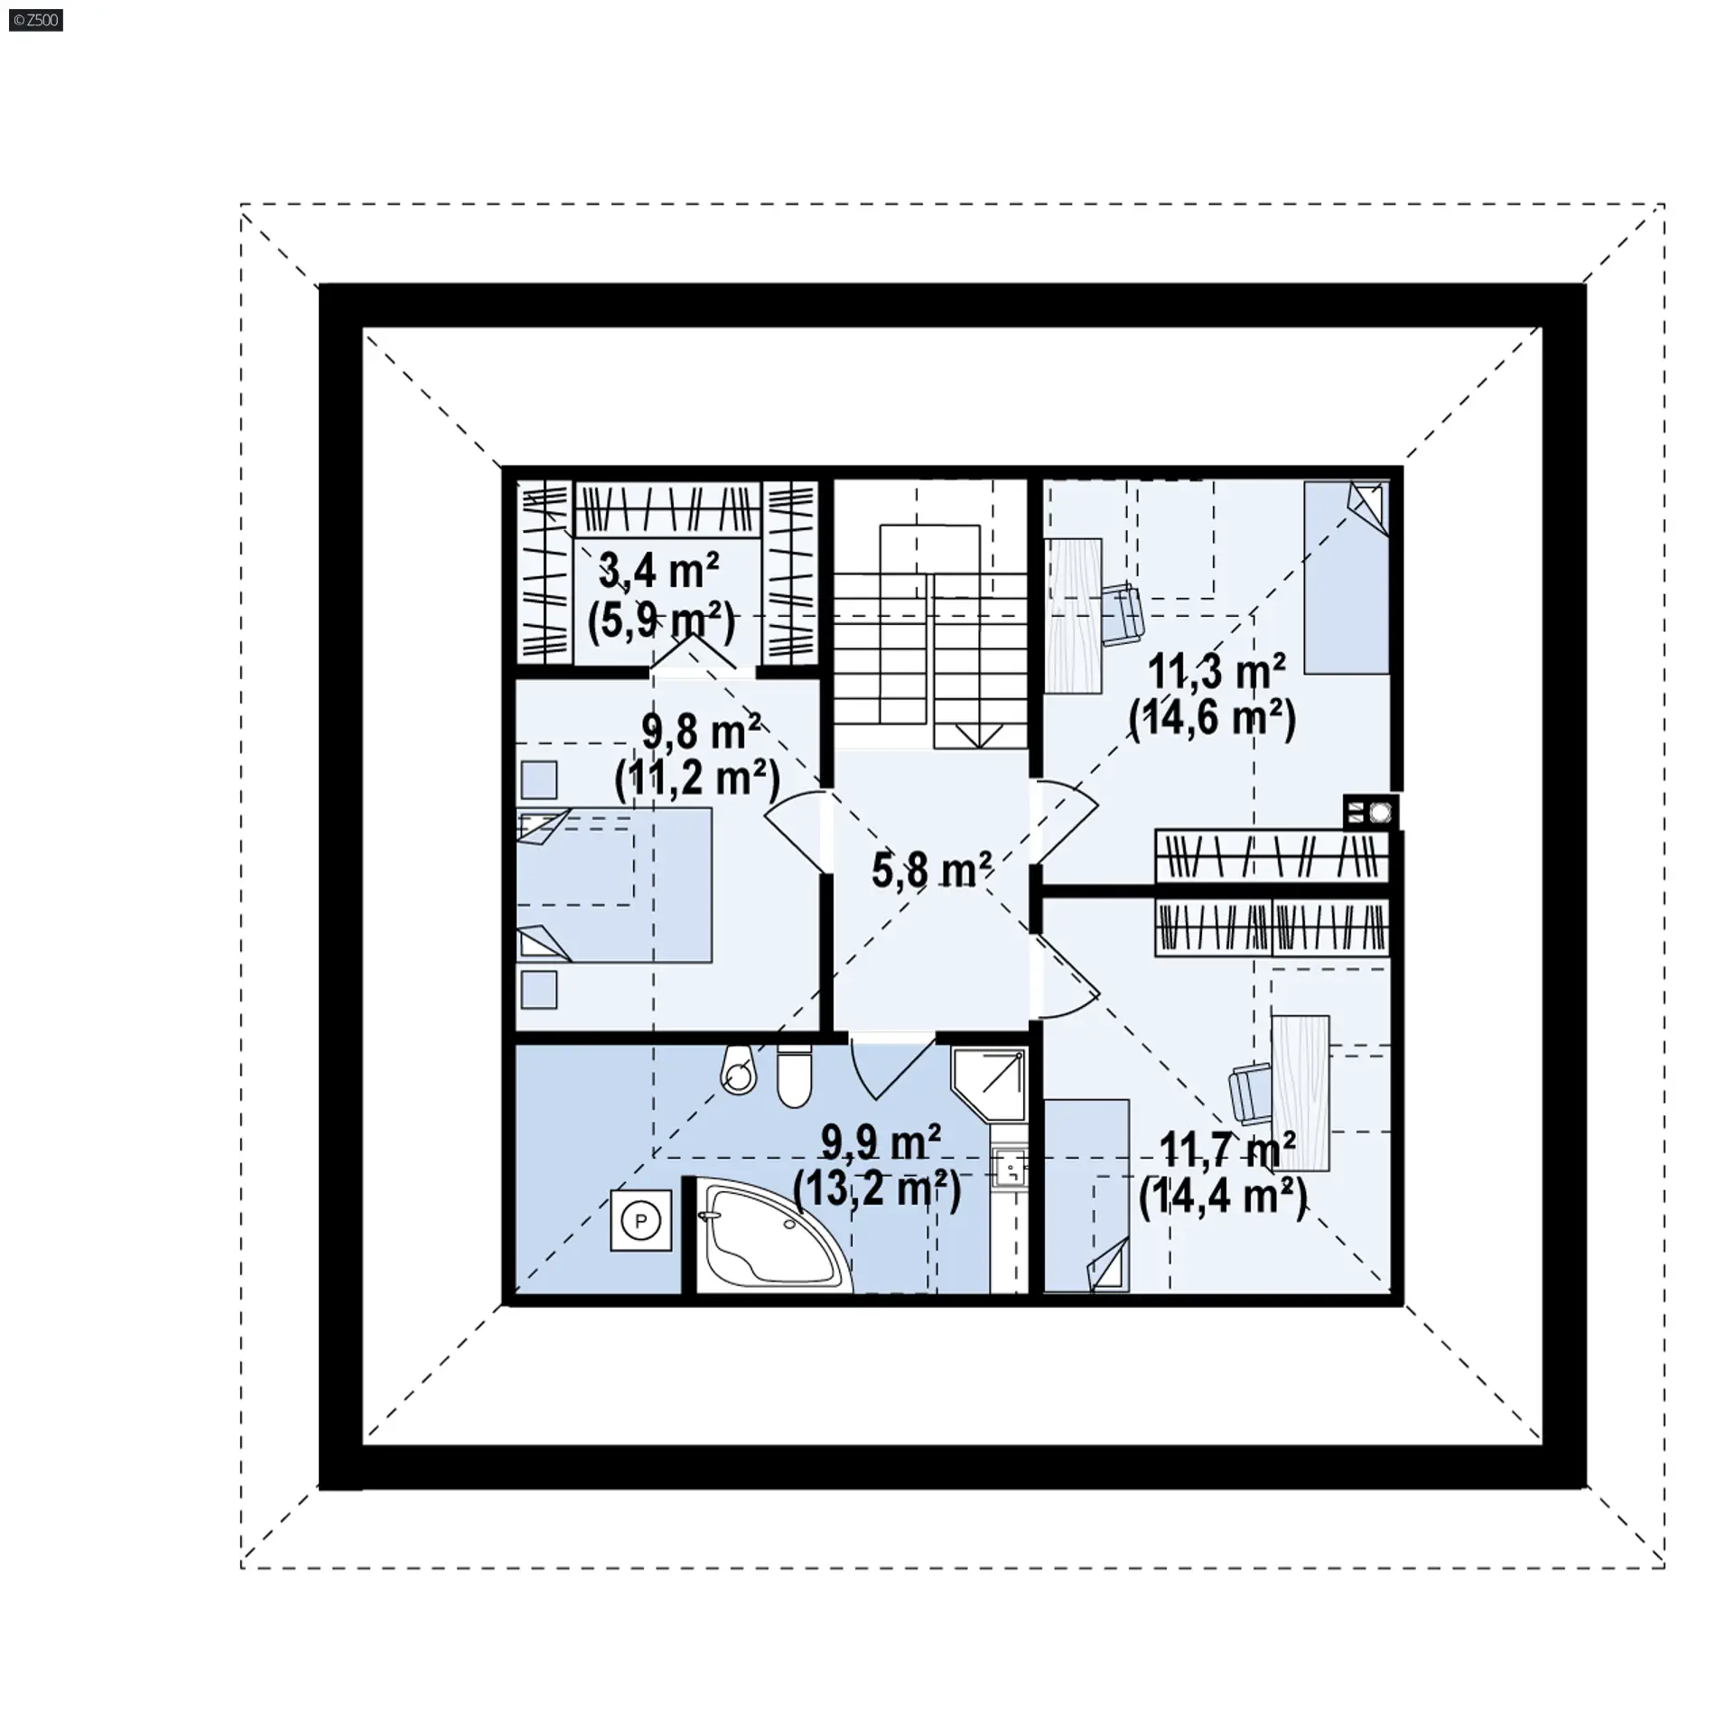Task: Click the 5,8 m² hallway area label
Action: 931,871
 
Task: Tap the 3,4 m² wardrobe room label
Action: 659,572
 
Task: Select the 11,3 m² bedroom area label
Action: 1217,673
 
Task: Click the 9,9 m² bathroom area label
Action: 881,1143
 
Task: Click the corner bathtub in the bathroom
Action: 773,1236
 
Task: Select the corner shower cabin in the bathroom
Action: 989,1084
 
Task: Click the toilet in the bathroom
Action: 794,1075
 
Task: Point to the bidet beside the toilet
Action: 738,1070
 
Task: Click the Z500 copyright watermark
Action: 36,20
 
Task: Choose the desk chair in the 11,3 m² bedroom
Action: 1122,614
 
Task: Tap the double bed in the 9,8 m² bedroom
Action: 614,884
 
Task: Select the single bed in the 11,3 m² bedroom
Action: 1346,577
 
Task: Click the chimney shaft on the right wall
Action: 1371,812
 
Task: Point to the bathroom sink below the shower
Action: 1010,1170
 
